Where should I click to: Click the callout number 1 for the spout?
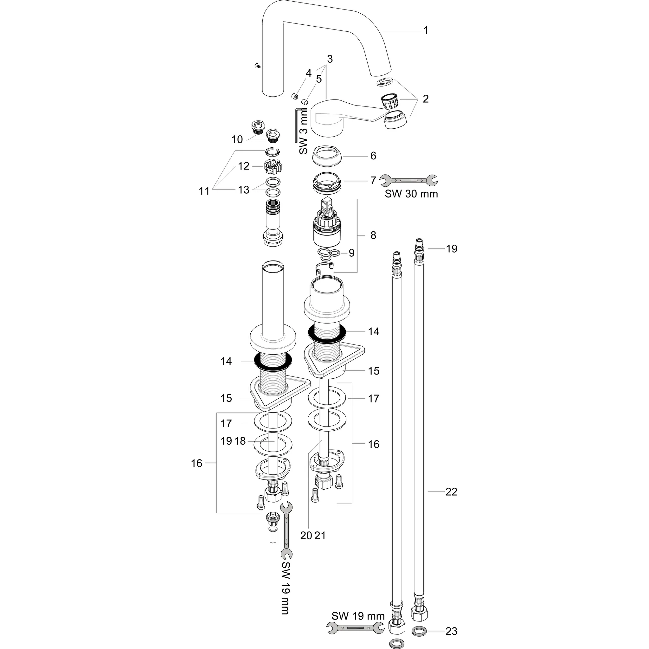pyautogui.click(x=426, y=30)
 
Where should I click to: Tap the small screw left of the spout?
pyautogui.click(x=258, y=66)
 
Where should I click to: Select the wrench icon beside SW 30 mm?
pyautogui.click(x=408, y=180)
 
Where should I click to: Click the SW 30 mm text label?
pyautogui.click(x=411, y=194)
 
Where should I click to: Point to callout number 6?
pyautogui.click(x=373, y=156)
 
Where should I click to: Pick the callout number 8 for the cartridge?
pyautogui.click(x=373, y=235)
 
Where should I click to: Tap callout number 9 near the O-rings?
pyautogui.click(x=351, y=253)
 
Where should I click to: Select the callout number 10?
pyautogui.click(x=237, y=139)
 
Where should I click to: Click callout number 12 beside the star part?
pyautogui.click(x=244, y=166)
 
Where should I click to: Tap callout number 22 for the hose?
pyautogui.click(x=452, y=492)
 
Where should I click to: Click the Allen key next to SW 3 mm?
pyautogui.click(x=295, y=124)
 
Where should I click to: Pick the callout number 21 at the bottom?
pyautogui.click(x=320, y=536)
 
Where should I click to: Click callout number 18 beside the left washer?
pyautogui.click(x=240, y=441)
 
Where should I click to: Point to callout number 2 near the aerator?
pyautogui.click(x=426, y=99)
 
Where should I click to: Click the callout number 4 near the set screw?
pyautogui.click(x=308, y=73)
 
